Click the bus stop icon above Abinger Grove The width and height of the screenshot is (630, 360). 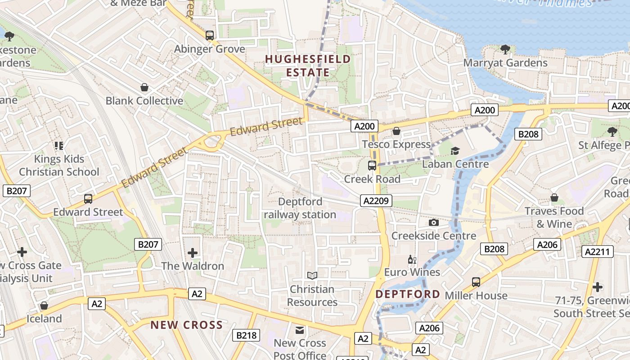(x=209, y=35)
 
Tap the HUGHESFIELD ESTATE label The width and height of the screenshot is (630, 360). (x=308, y=66)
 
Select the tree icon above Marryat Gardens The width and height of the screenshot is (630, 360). (x=505, y=49)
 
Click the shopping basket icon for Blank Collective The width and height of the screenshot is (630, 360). (x=144, y=87)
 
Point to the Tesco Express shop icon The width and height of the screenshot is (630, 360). (x=396, y=131)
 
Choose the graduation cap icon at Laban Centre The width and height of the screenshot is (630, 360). (x=455, y=151)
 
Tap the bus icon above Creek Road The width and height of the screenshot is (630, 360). (x=372, y=165)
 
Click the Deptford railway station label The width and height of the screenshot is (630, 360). (x=300, y=208)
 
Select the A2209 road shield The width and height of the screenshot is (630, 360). (x=376, y=201)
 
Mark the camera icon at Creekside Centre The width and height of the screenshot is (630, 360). (x=434, y=222)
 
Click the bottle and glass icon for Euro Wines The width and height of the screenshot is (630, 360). (x=412, y=259)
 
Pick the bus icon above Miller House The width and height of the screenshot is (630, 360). (x=476, y=282)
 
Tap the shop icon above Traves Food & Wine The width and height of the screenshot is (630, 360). (x=554, y=198)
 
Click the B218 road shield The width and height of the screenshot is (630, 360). (x=246, y=335)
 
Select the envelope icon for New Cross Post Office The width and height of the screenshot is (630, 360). (x=300, y=330)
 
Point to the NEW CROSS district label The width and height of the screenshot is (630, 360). (x=186, y=325)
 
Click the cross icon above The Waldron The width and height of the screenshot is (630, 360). (x=193, y=252)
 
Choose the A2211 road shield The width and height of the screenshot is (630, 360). (x=598, y=252)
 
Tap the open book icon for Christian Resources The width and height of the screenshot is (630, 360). (x=312, y=275)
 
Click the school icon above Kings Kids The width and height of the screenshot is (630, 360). (x=59, y=145)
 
